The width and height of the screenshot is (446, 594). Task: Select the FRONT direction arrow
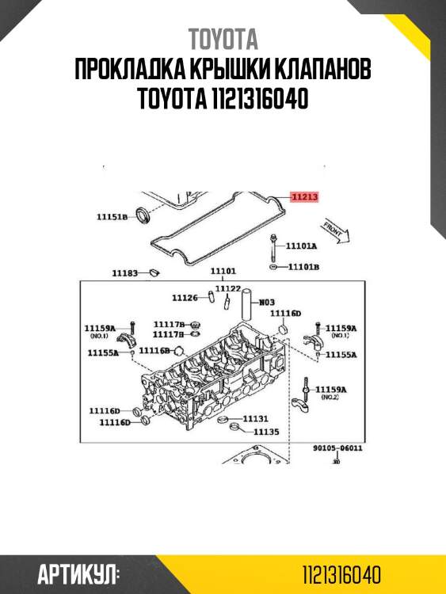(x=336, y=232)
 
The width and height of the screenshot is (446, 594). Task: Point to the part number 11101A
(x=301, y=246)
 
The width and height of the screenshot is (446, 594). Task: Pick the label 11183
(x=124, y=273)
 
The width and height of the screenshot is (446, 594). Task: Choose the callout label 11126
(x=185, y=298)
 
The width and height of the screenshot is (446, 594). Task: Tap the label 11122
(x=227, y=288)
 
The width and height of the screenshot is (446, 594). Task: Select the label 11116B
(x=154, y=350)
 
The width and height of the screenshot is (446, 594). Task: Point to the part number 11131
(x=255, y=418)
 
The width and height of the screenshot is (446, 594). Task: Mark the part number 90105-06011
(x=337, y=448)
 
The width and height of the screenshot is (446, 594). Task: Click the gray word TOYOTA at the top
(x=223, y=40)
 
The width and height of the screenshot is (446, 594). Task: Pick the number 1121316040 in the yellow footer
(x=342, y=574)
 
